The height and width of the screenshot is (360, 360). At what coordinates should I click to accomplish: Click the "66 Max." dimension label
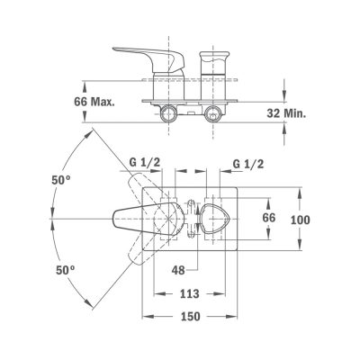[x=94, y=102]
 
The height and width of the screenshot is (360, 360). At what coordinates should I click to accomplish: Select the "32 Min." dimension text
[x=287, y=113]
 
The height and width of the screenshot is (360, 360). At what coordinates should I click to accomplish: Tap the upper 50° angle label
[x=61, y=180]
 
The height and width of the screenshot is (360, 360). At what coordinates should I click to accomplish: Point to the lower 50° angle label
[x=66, y=270]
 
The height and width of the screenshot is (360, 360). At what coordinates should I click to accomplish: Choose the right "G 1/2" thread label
[x=248, y=164]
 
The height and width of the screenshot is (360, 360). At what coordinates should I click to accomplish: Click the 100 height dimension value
[x=301, y=220]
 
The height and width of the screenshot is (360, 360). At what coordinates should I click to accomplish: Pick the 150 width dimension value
[x=191, y=316]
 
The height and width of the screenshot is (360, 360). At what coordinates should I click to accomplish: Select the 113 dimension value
[x=190, y=293]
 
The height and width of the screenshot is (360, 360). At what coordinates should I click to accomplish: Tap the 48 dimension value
[x=178, y=270]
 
